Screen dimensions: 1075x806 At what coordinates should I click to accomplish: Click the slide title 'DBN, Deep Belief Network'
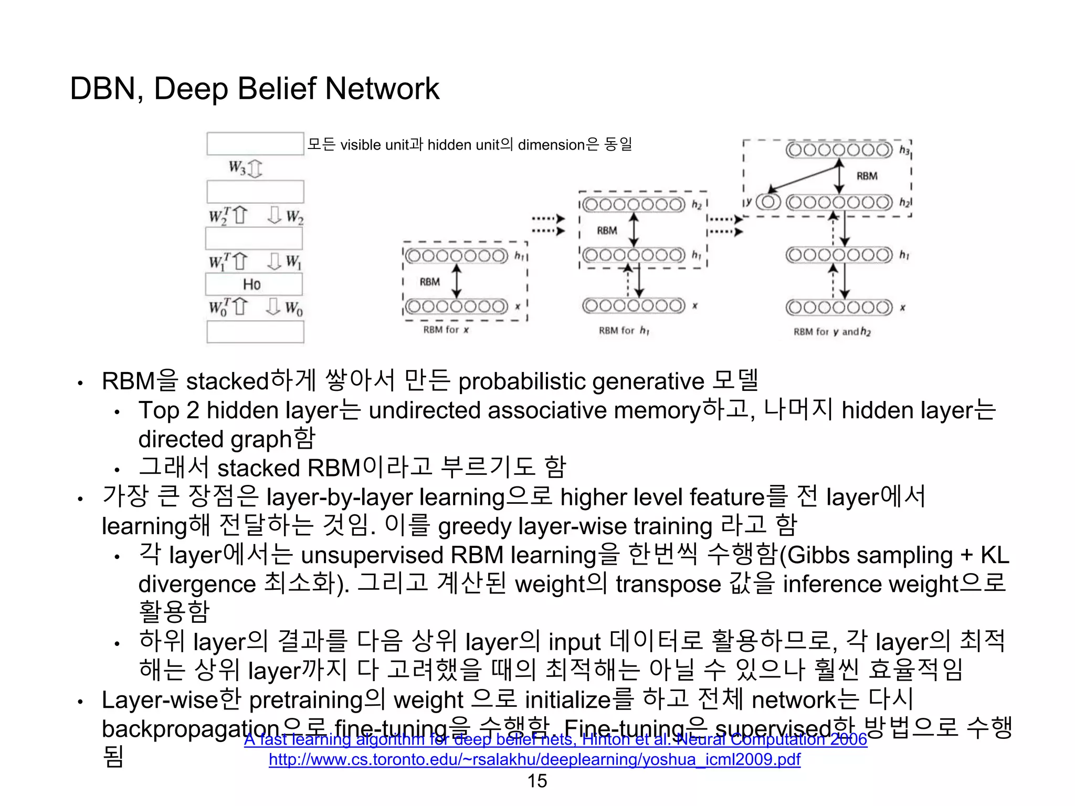255,88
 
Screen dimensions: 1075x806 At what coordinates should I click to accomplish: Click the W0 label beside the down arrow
294,308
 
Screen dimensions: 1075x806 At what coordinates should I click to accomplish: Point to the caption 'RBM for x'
446,330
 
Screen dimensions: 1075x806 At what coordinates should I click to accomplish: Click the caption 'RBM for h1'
624,331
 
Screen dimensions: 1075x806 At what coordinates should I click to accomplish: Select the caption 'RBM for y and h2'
831,332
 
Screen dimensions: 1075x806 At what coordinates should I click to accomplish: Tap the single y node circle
768,202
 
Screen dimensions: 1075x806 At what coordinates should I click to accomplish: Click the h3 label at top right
904,151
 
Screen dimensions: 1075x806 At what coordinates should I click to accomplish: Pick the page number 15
537,781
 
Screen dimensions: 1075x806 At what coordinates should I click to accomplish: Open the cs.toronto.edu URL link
534,759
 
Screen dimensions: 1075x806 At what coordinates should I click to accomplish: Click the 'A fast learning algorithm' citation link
555,739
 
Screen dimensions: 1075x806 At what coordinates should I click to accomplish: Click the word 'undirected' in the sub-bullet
424,410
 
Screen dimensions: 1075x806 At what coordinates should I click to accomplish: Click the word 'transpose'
668,584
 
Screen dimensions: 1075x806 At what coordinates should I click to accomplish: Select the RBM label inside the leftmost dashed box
429,282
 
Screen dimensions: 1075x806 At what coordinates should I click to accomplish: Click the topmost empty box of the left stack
255,144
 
